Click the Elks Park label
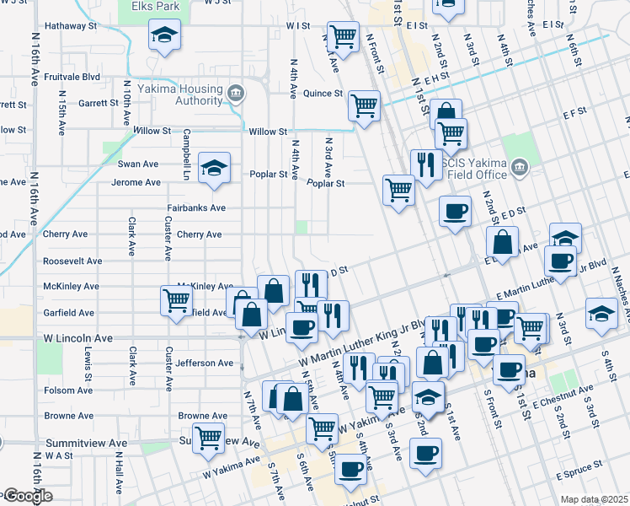pyautogui.click(x=156, y=6)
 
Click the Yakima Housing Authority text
pyautogui.click(x=187, y=94)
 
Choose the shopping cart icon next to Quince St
pyautogui.click(x=364, y=106)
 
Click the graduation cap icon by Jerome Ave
pyautogui.click(x=214, y=168)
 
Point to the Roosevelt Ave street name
pyautogui.click(x=72, y=261)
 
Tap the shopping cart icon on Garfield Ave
pyautogui.click(x=176, y=300)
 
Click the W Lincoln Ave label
pyautogui.click(x=77, y=338)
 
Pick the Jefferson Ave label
pyautogui.click(x=206, y=363)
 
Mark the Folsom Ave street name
pyautogui.click(x=70, y=390)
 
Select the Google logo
pyautogui.click(x=27, y=496)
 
